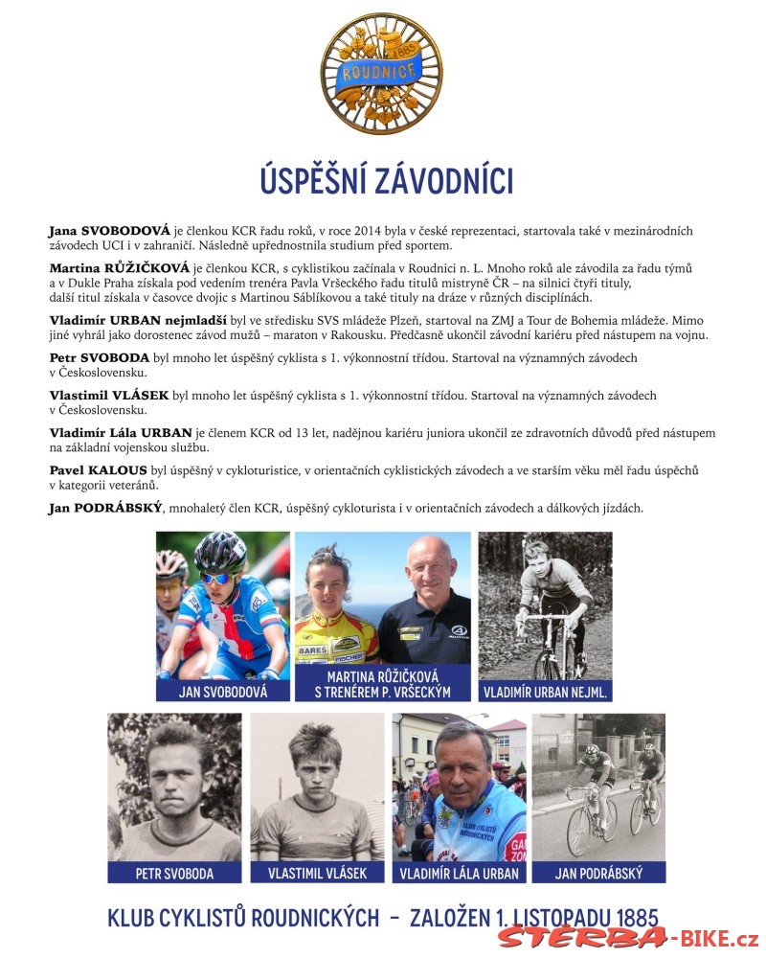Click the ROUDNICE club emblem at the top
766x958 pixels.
tap(382, 75)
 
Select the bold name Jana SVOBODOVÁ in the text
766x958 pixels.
tap(109, 231)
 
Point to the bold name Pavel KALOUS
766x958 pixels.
tap(98, 469)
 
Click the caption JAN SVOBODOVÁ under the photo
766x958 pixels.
tap(222, 692)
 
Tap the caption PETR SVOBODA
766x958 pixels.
tap(174, 873)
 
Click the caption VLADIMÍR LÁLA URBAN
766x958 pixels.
tap(460, 873)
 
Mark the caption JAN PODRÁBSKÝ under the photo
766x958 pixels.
tap(598, 873)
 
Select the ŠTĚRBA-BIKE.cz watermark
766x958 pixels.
tap(627, 937)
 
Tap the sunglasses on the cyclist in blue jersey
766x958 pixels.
tap(217, 578)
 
